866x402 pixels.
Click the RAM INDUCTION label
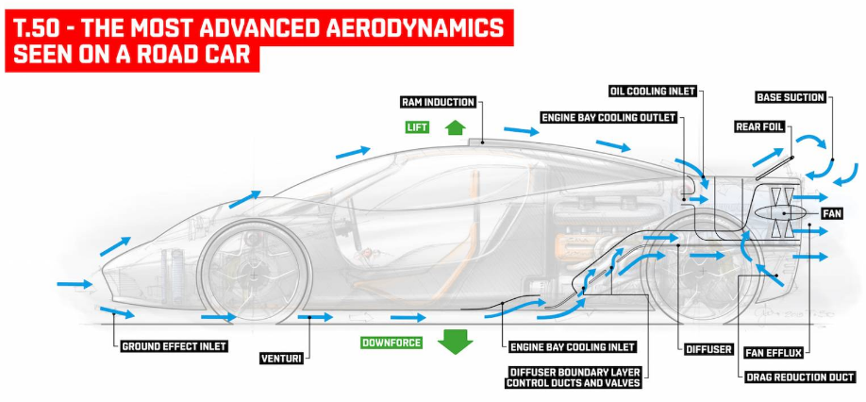437,102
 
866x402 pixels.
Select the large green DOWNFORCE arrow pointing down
456,340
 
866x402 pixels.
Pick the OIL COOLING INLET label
653,92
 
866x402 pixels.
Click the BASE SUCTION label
791,97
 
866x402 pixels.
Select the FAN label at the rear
831,214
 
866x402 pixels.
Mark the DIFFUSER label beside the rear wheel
709,349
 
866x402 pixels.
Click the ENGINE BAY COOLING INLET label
571,346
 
